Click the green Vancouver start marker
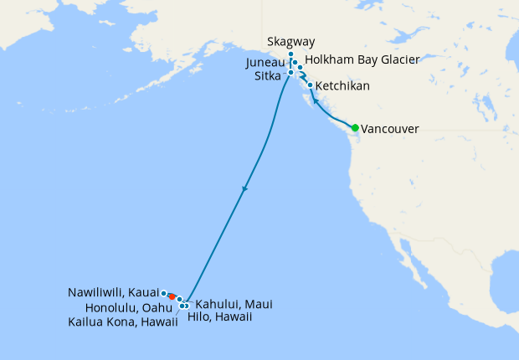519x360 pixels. [355, 128]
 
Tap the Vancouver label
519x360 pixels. [389, 129]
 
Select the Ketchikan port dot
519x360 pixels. [311, 85]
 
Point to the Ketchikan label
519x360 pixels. [342, 86]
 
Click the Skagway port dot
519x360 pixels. [290, 55]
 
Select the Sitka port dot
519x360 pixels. [290, 73]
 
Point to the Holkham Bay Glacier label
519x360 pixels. [361, 61]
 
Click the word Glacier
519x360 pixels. [398, 61]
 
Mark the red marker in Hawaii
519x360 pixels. [172, 296]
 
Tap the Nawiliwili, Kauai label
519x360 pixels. [113, 293]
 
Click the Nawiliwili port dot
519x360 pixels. [164, 293]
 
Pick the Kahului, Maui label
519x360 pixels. [234, 304]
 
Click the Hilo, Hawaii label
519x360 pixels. [224, 317]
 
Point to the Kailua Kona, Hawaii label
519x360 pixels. [122, 322]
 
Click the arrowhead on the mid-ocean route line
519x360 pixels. [244, 189]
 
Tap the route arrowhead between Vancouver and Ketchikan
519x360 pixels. [316, 100]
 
